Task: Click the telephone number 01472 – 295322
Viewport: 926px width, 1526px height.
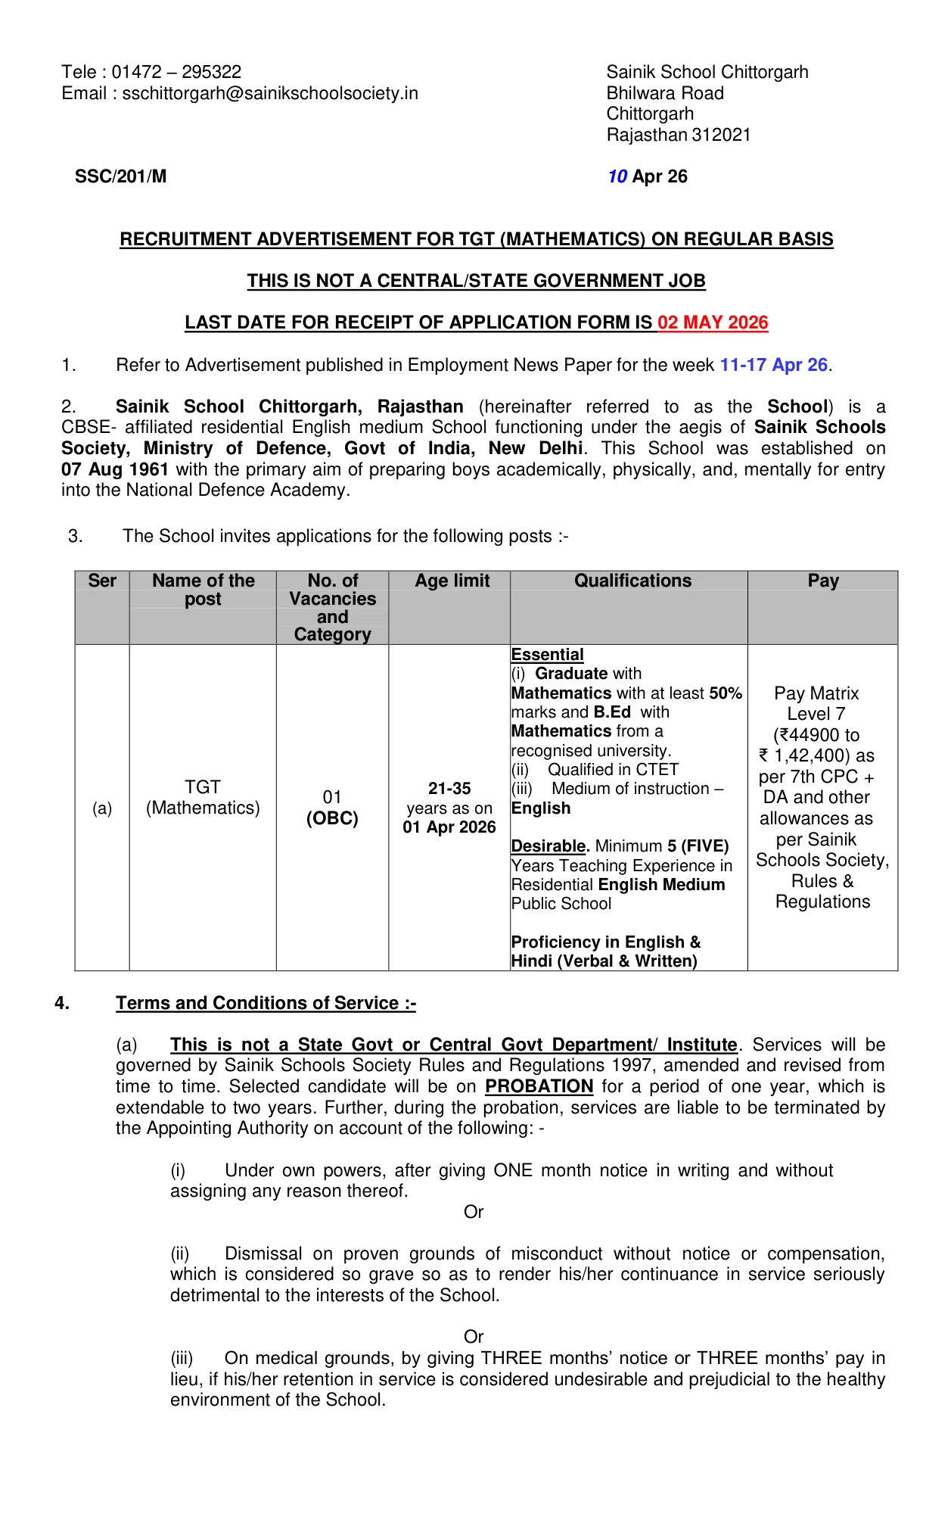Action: tap(176, 72)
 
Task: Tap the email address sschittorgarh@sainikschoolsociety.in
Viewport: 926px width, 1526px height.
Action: tap(270, 93)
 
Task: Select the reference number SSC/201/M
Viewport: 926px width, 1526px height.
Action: tap(120, 176)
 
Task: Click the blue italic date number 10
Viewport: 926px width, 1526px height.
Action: tap(617, 176)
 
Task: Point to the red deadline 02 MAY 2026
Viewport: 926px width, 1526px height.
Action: tap(713, 322)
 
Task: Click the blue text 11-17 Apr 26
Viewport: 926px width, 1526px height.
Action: tap(773, 365)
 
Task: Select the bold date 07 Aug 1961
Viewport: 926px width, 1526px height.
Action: tap(115, 469)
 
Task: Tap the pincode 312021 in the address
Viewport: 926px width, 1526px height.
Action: tap(721, 135)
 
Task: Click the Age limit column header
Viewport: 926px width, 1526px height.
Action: tap(452, 581)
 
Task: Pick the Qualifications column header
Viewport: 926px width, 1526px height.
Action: tap(632, 581)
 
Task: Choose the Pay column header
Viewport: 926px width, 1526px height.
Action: tap(822, 581)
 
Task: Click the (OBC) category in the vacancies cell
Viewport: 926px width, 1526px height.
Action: tap(332, 818)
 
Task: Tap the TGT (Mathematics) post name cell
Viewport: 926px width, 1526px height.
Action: tap(203, 798)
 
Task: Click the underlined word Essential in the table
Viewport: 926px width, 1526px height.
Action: tap(547, 655)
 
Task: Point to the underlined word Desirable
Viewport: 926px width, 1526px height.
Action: tap(548, 846)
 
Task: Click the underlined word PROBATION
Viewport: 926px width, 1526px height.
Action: tap(539, 1086)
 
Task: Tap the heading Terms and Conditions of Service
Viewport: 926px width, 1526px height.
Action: tap(266, 1003)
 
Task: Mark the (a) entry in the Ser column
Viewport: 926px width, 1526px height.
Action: tap(102, 808)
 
